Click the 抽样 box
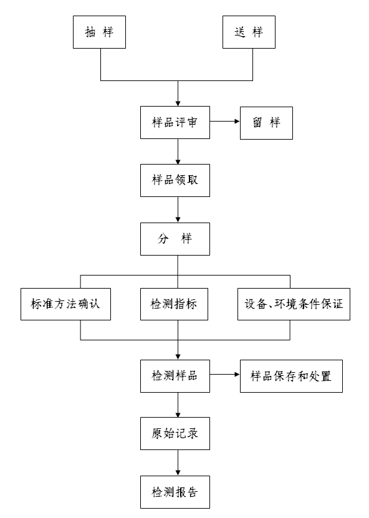point(100,32)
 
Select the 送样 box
point(249,32)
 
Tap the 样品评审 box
point(175,122)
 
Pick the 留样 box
point(266,123)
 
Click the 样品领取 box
point(175,180)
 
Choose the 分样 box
point(175,239)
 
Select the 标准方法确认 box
point(65,304)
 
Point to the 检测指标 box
point(174,304)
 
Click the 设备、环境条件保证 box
point(294,304)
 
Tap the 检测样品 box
point(175,376)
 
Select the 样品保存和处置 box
point(291,376)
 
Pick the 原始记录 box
point(175,433)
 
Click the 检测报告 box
point(175,492)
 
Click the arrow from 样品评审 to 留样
point(225,122)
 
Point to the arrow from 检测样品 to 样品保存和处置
point(225,374)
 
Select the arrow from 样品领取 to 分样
point(178,210)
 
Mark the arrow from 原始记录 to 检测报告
point(178,463)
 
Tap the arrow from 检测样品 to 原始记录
point(178,405)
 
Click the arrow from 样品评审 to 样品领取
point(178,151)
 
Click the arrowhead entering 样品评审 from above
point(178,103)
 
